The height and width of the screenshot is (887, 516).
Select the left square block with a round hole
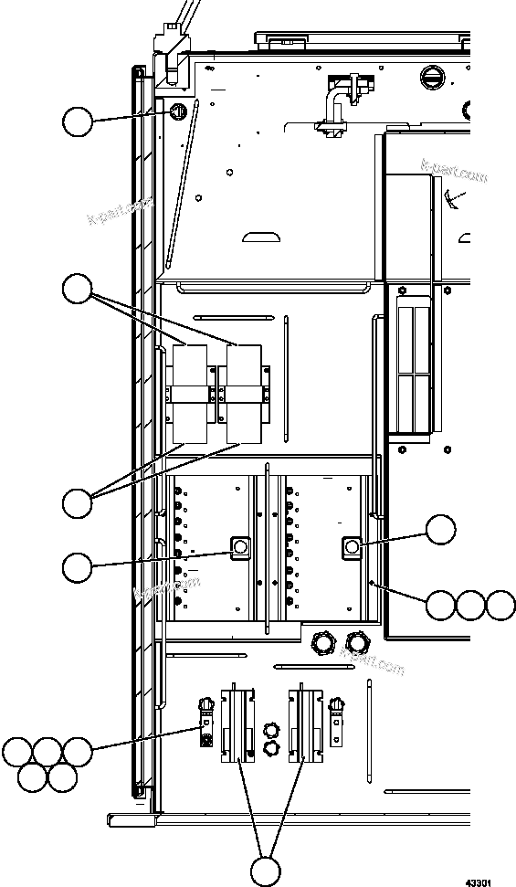tap(240, 547)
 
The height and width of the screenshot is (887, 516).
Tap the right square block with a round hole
tap(353, 547)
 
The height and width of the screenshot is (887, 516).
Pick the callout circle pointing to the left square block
tap(78, 567)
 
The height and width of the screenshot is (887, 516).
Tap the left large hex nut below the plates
tap(321, 643)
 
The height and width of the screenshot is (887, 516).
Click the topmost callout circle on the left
tap(78, 121)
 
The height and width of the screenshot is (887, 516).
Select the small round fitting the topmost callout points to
tap(177, 111)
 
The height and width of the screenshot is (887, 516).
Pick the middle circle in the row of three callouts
tap(471, 605)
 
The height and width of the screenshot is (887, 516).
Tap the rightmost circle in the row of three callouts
tap(500, 605)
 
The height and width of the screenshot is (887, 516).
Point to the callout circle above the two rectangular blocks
tap(78, 290)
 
